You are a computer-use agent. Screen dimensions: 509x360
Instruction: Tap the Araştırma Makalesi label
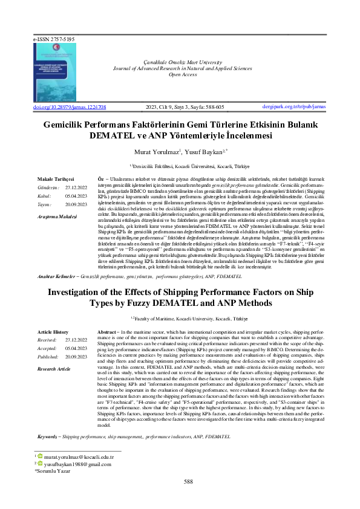point(57,216)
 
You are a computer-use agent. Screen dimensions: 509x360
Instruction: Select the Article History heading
point(53,332)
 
